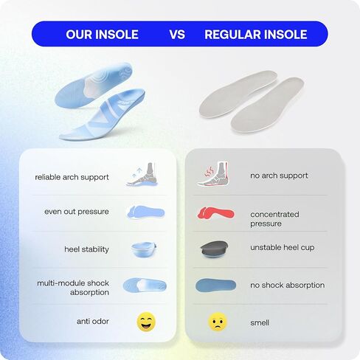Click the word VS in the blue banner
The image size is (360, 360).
click(177, 35)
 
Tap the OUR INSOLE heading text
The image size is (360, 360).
click(102, 35)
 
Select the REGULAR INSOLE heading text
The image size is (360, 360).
click(256, 35)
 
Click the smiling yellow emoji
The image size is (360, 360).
click(146, 322)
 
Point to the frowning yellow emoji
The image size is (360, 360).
click(218, 322)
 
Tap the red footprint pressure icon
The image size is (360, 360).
click(215, 213)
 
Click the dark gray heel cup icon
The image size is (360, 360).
click(215, 249)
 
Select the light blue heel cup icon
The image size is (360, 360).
click(144, 249)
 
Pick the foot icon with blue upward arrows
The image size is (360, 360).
click(142, 174)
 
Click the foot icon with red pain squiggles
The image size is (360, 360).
click(213, 174)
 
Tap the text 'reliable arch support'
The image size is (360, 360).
click(72, 177)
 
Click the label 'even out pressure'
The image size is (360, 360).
click(77, 212)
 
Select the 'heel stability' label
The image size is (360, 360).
click(86, 249)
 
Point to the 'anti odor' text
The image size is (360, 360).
click(93, 321)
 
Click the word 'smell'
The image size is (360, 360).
click(260, 322)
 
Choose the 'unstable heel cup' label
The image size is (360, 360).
click(283, 247)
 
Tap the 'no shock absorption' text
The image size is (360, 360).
click(288, 285)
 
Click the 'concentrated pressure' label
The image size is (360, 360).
click(274, 219)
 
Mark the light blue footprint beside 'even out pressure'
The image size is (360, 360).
click(145, 212)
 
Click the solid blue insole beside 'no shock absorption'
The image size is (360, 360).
click(215, 285)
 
